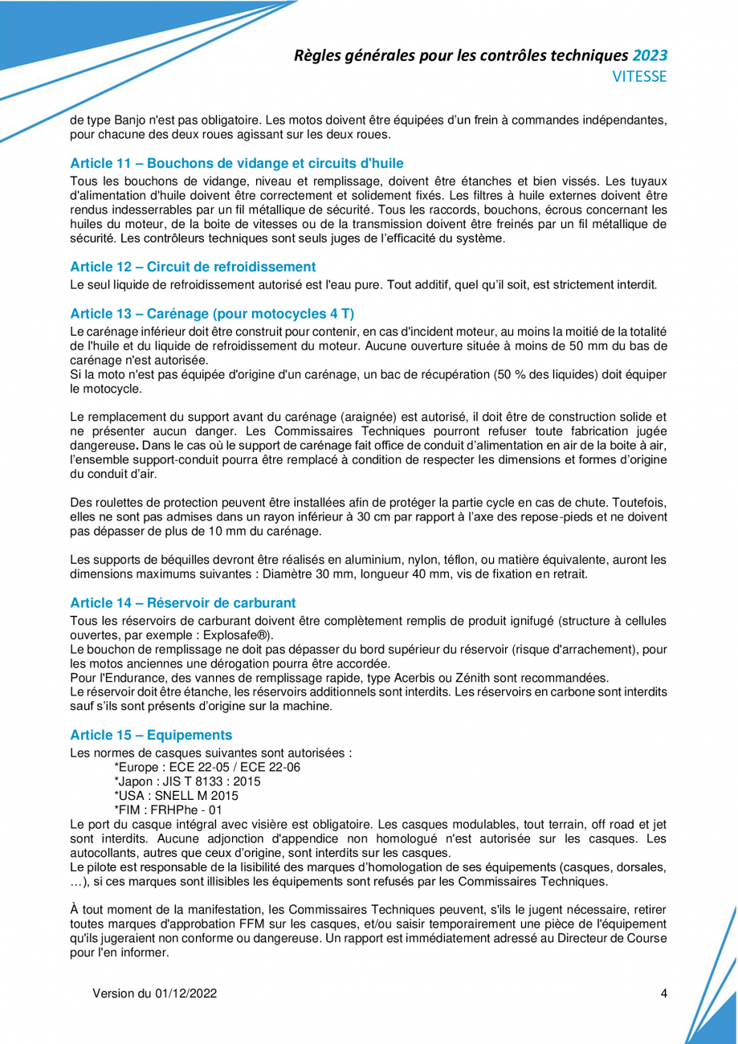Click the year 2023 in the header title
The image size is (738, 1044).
click(650, 55)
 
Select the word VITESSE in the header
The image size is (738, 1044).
click(640, 77)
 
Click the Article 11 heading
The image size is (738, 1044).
click(237, 164)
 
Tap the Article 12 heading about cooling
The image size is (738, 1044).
click(193, 266)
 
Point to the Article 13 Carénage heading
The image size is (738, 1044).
click(212, 312)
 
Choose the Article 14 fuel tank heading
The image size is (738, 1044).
click(183, 602)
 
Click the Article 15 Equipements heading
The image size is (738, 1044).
click(151, 735)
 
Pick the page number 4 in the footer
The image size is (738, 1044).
click(664, 993)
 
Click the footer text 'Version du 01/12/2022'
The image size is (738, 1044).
click(155, 993)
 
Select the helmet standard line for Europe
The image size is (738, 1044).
click(208, 767)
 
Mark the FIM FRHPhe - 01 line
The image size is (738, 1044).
click(169, 810)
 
